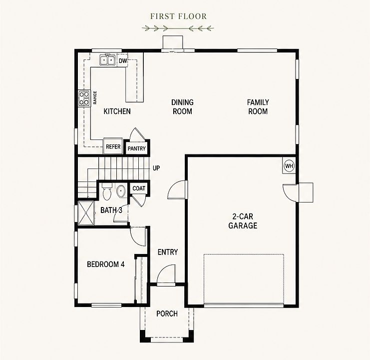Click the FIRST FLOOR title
tap(178, 16)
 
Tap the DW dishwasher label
tap(123, 61)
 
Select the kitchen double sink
tap(107, 60)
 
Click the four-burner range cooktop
tap(84, 98)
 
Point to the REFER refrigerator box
tap(113, 146)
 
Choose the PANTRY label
tap(137, 148)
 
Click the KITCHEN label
tap(117, 111)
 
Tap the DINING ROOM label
tap(182, 107)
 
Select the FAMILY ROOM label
tap(258, 107)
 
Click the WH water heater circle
tap(289, 166)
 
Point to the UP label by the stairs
tap(156, 168)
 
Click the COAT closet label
tap(139, 188)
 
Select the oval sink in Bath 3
tap(121, 190)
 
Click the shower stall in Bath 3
tap(86, 213)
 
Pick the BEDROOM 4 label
tap(106, 264)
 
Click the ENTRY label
tap(168, 252)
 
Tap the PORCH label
tap(167, 313)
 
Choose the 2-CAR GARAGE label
tap(243, 221)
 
